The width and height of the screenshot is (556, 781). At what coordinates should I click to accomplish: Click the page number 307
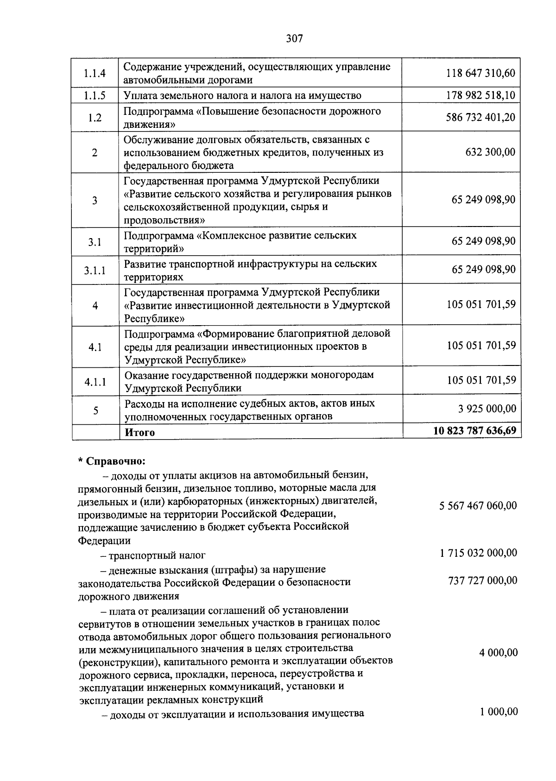click(294, 39)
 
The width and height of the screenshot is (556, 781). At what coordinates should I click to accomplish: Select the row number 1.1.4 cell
click(95, 73)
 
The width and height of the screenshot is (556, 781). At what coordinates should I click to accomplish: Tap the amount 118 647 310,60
click(480, 73)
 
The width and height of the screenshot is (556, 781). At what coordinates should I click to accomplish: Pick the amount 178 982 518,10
click(480, 96)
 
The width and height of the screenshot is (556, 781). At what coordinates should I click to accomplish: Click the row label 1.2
click(95, 118)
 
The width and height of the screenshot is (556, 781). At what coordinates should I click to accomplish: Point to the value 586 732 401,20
click(480, 117)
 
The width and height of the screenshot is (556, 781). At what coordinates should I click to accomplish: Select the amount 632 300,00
click(490, 152)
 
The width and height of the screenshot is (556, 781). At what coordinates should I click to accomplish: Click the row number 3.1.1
click(95, 270)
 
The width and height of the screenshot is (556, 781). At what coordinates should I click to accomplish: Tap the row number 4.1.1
click(95, 382)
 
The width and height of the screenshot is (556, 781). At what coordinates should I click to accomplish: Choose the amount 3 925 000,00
click(486, 409)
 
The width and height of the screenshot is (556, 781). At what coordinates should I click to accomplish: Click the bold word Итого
click(139, 432)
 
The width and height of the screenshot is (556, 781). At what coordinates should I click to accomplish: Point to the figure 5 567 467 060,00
click(478, 505)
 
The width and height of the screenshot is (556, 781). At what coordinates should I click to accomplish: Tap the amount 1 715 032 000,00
click(478, 553)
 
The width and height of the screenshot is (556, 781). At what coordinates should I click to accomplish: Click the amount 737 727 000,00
click(482, 580)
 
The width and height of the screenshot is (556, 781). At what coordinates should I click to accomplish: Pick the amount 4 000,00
click(498, 653)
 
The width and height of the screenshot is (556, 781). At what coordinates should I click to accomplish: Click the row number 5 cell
click(95, 410)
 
